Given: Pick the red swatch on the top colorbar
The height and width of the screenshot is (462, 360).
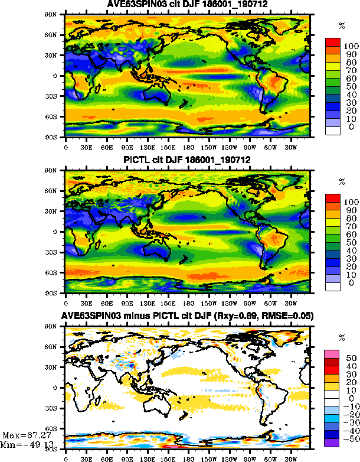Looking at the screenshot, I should tap(333, 41).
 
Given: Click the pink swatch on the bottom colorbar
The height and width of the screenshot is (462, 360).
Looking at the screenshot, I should tap(333, 353).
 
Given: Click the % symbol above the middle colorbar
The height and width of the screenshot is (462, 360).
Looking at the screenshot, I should tap(342, 182).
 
